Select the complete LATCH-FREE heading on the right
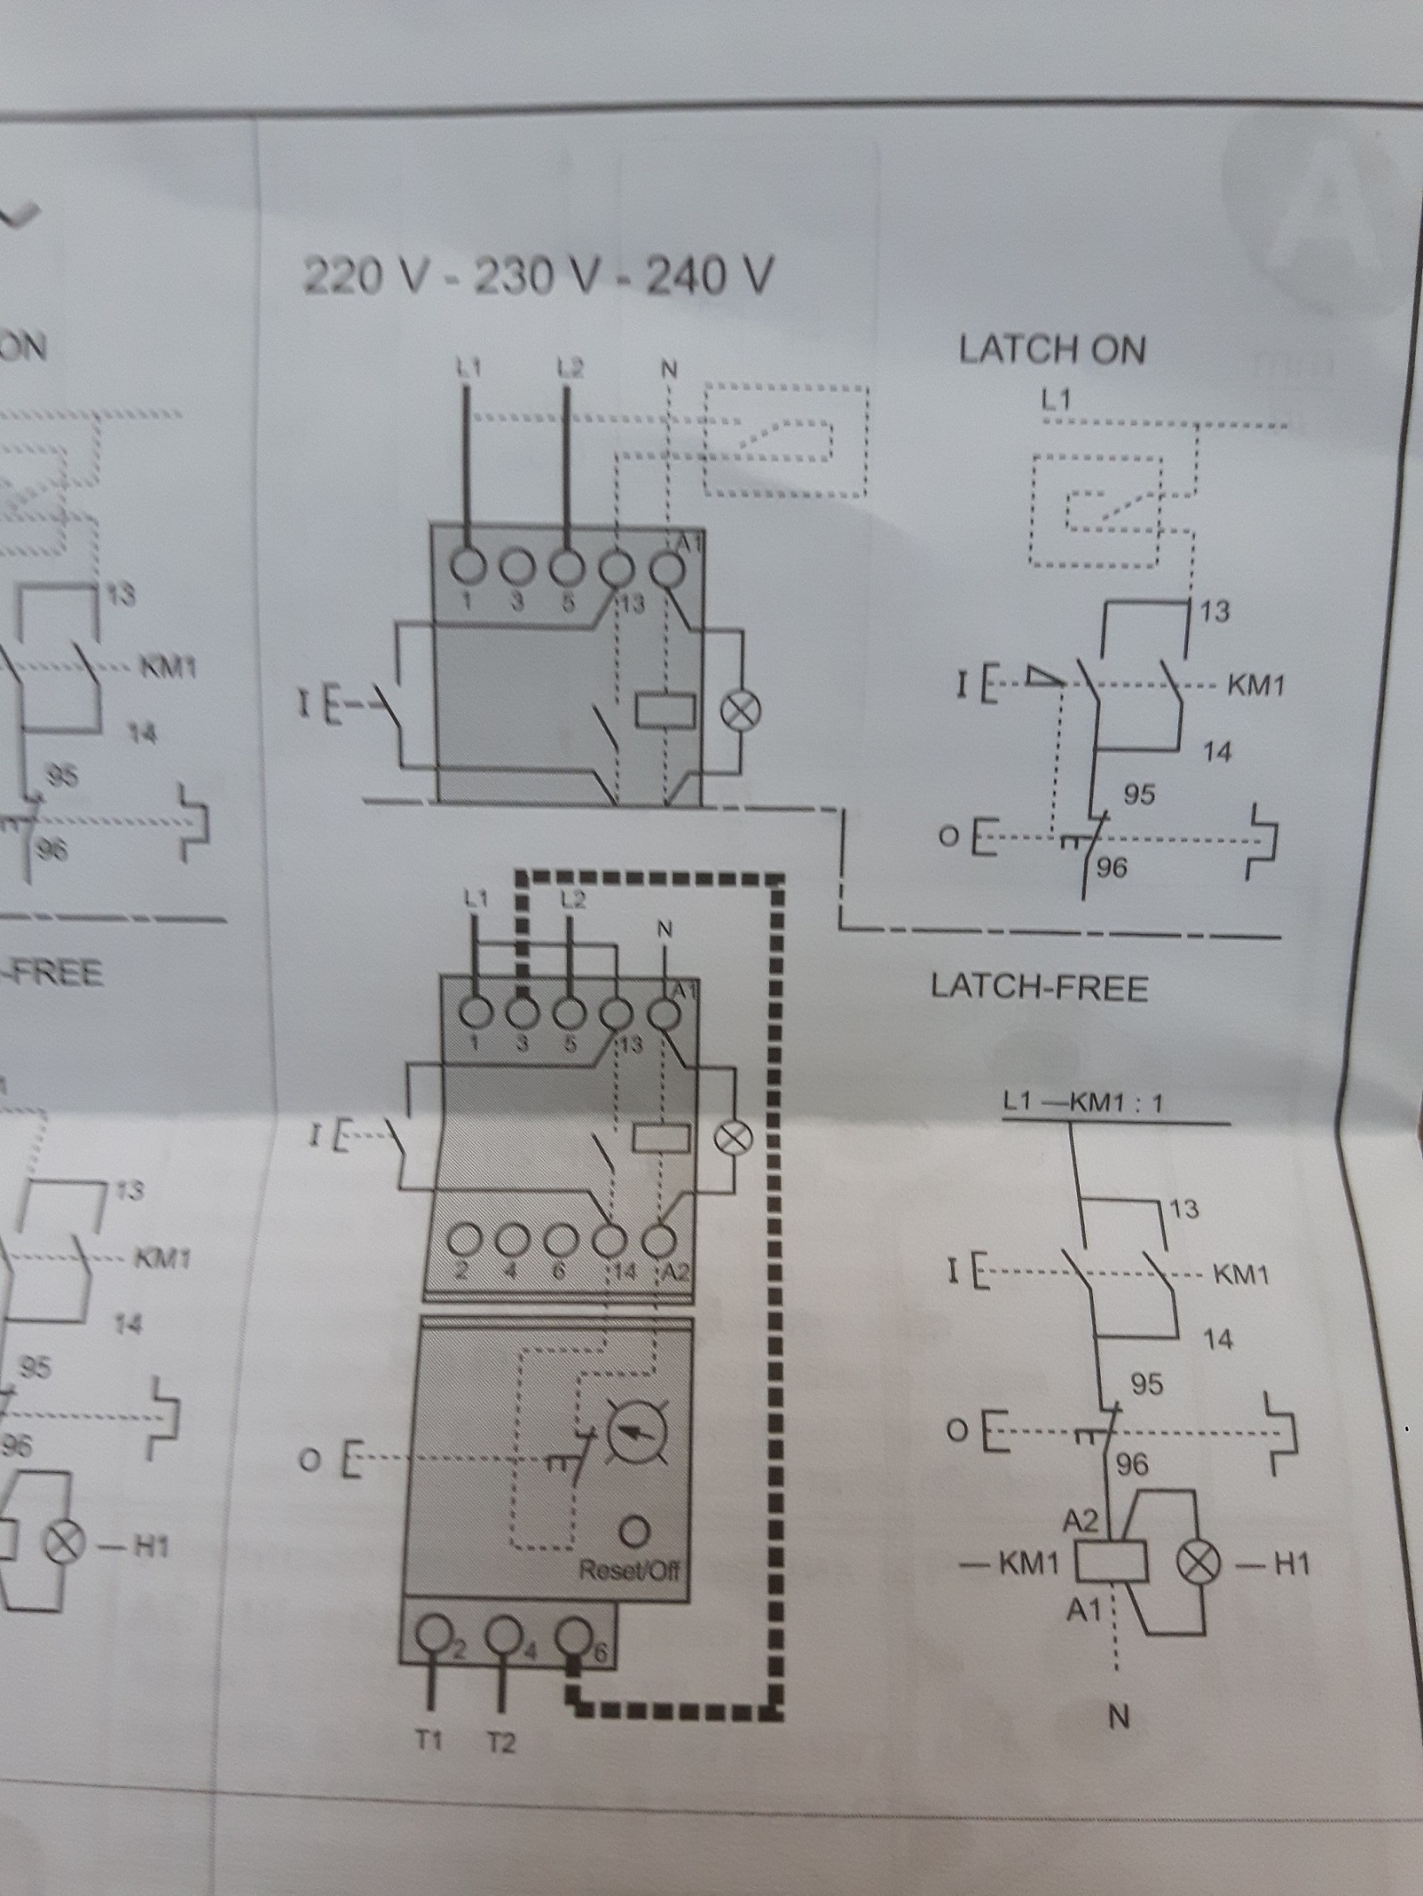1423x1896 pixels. coord(1039,987)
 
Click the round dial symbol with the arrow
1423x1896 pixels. coord(637,1432)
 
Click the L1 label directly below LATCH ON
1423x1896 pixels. coord(1056,400)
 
